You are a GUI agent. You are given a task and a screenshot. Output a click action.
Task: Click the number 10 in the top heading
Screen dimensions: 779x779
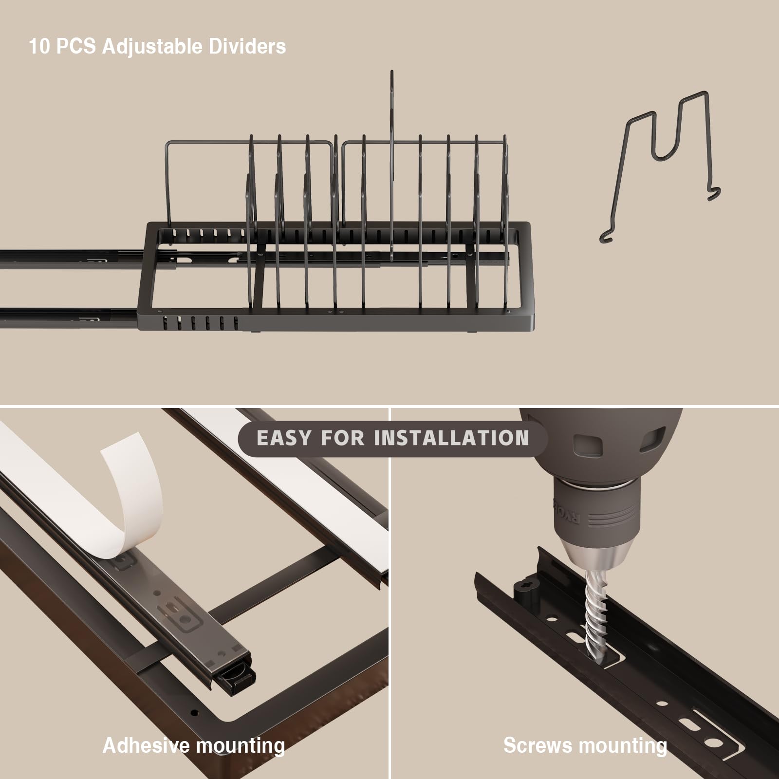[x=39, y=47]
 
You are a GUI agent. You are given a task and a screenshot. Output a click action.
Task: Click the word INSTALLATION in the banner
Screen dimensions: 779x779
[x=451, y=438]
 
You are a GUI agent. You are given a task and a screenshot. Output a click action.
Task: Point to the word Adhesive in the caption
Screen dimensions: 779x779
[x=146, y=745]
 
